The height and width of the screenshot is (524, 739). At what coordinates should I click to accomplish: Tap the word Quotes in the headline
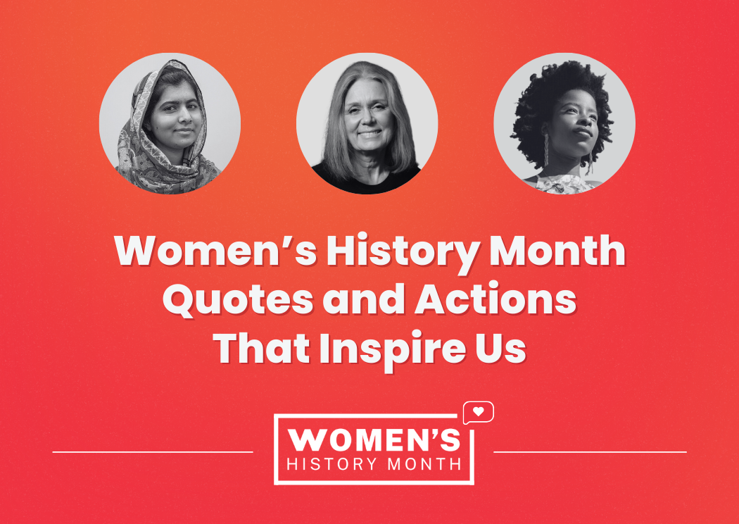[x=238, y=300]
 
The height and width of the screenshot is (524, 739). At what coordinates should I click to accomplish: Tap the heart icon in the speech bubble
[x=479, y=411]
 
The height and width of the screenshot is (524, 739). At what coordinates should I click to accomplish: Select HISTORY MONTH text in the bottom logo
[x=374, y=464]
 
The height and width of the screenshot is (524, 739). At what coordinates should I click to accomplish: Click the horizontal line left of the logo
[x=153, y=452]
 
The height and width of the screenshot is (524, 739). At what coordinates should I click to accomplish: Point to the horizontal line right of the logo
[x=590, y=452]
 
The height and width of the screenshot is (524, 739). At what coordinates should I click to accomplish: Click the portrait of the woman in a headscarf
[x=170, y=123]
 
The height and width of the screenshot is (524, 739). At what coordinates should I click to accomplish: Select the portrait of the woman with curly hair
[x=564, y=123]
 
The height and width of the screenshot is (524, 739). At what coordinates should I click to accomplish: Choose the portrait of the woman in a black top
[x=367, y=123]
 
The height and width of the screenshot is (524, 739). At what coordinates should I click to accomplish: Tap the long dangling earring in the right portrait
[x=546, y=151]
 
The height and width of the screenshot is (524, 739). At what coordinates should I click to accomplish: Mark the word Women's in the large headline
[x=215, y=251]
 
